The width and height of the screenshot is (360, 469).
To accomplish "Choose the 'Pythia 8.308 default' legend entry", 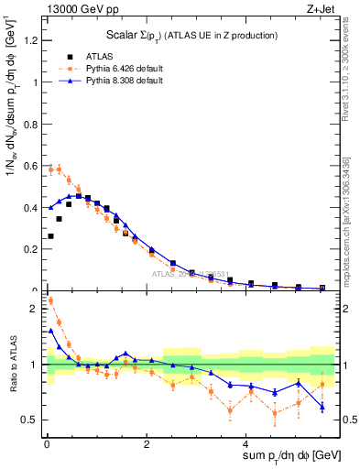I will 118,81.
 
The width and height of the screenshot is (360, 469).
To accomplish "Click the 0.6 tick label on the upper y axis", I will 30,166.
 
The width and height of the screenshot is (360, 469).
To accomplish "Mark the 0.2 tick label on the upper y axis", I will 30,249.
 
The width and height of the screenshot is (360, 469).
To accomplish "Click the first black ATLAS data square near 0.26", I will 49,236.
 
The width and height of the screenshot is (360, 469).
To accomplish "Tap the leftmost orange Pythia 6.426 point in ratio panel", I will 49,300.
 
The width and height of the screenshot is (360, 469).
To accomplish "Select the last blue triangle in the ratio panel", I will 322,407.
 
